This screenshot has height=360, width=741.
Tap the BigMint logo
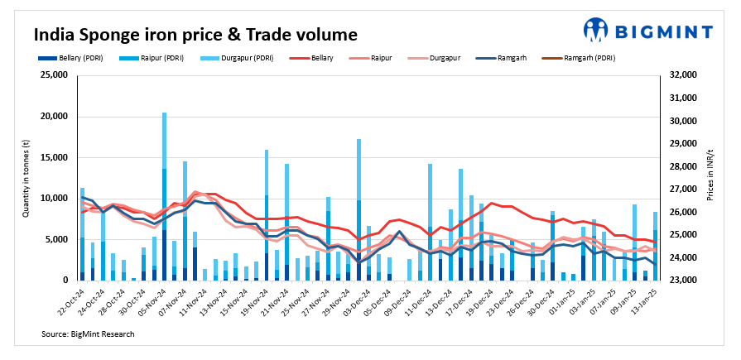coord(647,31)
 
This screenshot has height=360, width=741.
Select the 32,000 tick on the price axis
coord(683,75)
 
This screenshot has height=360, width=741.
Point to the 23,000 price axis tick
coord(683,281)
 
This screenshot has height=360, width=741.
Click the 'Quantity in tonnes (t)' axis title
coord(26,178)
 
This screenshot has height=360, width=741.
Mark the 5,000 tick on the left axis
coord(57,239)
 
